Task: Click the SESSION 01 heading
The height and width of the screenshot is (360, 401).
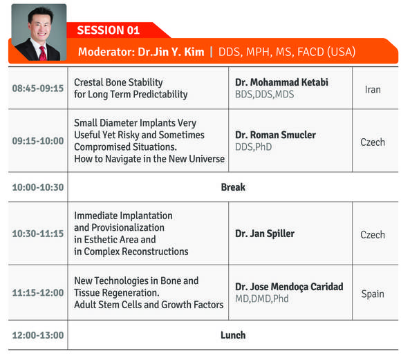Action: [108, 30]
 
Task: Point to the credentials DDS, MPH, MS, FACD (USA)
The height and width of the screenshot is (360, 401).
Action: [287, 52]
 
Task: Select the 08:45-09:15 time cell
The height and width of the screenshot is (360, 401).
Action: [38, 88]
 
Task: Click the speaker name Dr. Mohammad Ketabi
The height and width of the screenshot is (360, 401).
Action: [281, 82]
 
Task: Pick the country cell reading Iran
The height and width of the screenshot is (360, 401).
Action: [373, 90]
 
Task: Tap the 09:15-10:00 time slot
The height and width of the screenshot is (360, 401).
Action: [38, 141]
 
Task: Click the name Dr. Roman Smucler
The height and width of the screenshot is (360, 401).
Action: [275, 135]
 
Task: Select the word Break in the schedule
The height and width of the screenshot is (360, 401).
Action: [233, 187]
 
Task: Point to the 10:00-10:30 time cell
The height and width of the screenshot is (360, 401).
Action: [38, 187]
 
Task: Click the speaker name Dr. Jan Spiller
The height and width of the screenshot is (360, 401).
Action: [265, 234]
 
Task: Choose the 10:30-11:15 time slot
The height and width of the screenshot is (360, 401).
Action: [38, 234]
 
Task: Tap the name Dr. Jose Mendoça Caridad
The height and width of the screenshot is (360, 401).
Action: [289, 287]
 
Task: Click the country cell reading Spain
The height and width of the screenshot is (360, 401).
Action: [373, 294]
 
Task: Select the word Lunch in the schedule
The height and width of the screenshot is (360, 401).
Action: [233, 335]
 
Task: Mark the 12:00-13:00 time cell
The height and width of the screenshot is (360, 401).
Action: [38, 335]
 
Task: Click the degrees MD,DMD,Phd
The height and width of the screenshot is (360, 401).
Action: [262, 299]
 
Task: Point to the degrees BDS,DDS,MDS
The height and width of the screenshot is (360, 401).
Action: [264, 95]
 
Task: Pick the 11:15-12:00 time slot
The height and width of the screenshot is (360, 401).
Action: [38, 292]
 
